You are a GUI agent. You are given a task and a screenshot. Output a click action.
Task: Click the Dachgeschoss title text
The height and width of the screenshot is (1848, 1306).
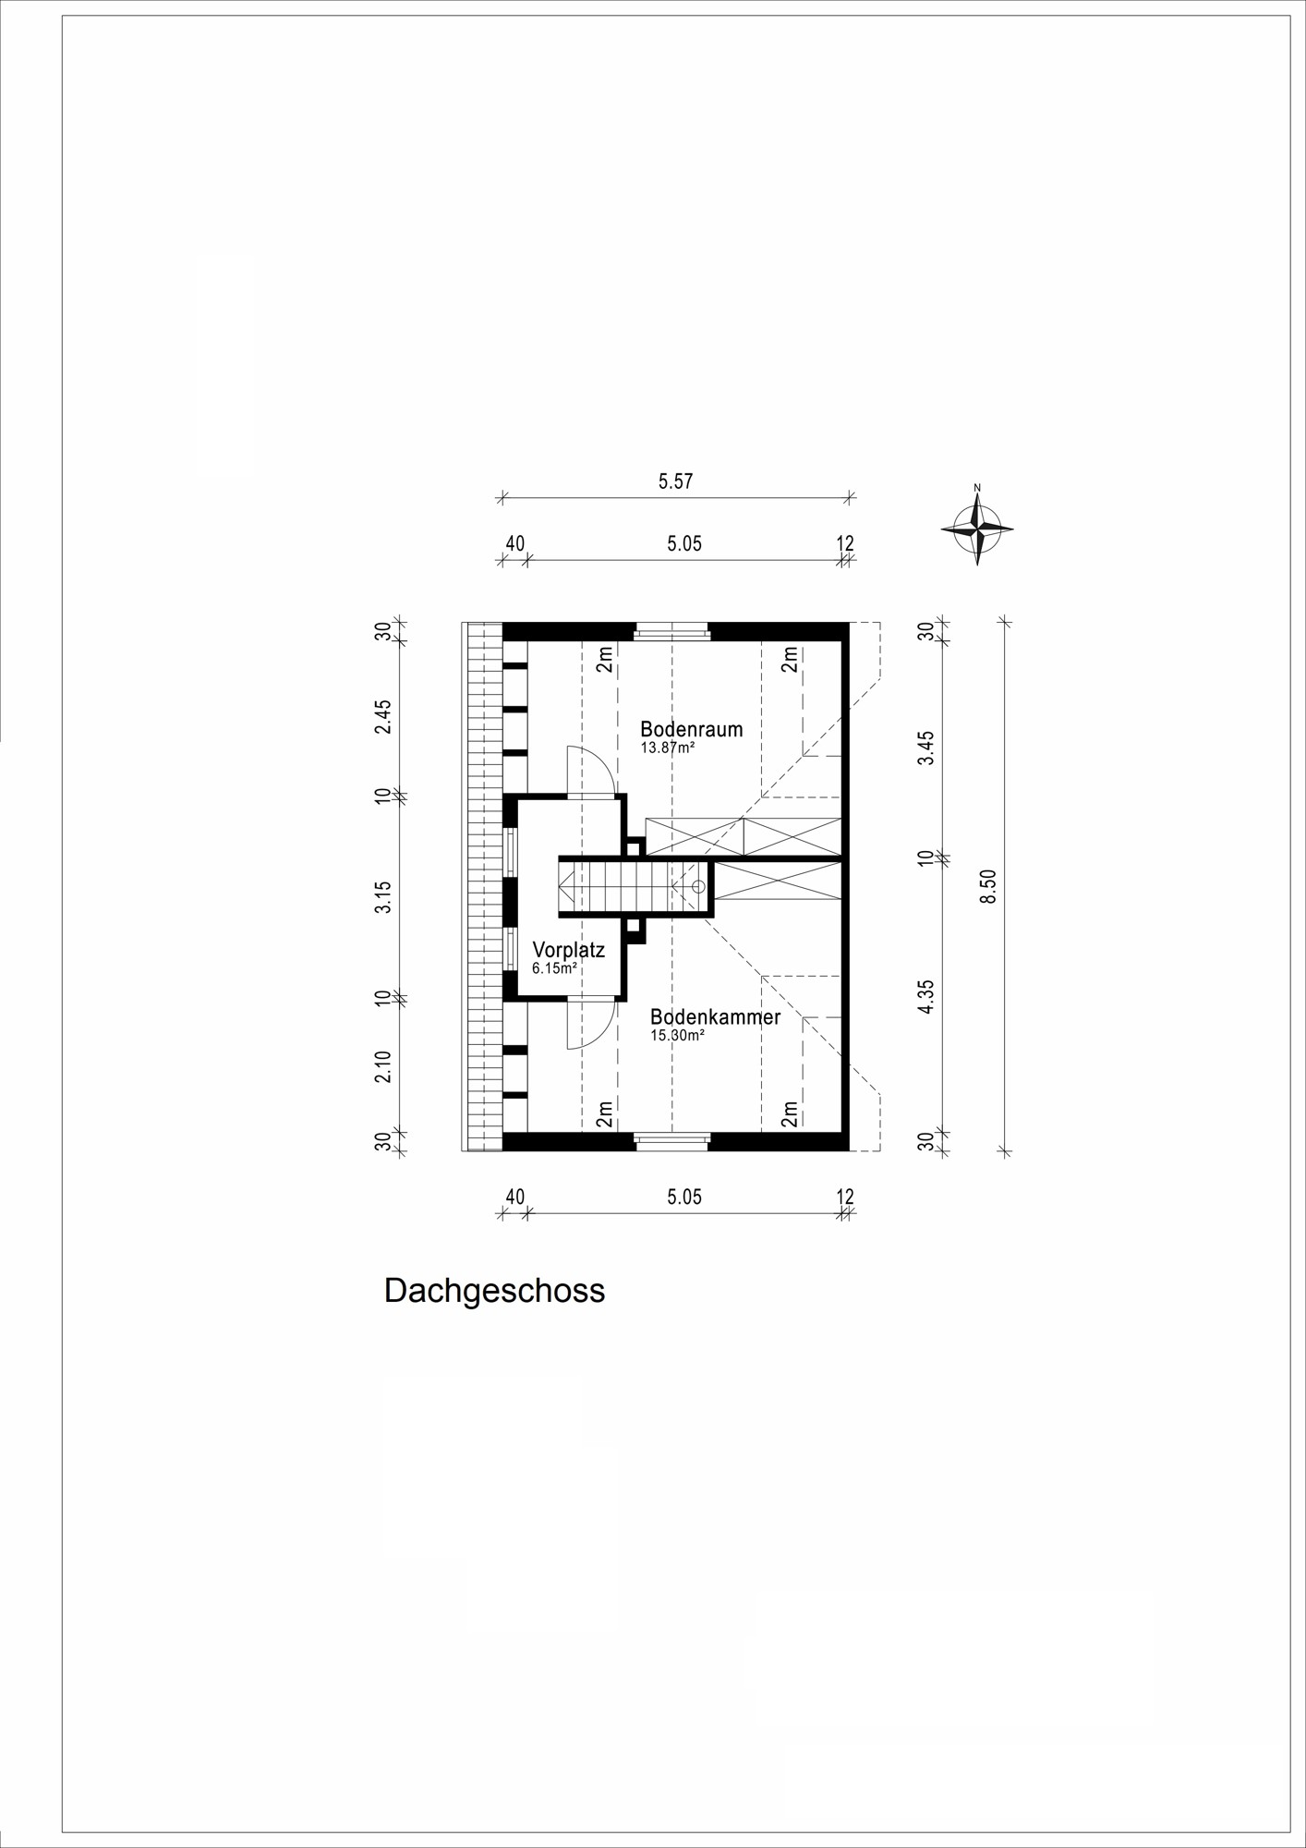pyautogui.click(x=494, y=1291)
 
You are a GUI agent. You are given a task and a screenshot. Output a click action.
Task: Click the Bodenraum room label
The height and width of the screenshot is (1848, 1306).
pyautogui.click(x=691, y=729)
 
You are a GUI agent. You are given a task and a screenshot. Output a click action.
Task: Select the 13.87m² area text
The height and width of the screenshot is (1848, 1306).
pyautogui.click(x=667, y=748)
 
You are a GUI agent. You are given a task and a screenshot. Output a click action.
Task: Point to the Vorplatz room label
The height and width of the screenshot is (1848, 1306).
pyautogui.click(x=568, y=950)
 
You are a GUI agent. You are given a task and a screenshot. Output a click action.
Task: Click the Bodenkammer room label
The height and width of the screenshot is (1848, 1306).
pyautogui.click(x=715, y=1017)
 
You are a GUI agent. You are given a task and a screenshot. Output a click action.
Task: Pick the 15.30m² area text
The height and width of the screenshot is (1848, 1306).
pyautogui.click(x=677, y=1036)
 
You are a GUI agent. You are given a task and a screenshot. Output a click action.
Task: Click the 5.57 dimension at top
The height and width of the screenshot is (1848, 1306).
pyautogui.click(x=675, y=481)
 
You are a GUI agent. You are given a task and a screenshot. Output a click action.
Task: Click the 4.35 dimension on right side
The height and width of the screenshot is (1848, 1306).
pyautogui.click(x=926, y=997)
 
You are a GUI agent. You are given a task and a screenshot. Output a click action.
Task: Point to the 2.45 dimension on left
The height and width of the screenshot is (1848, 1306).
pyautogui.click(x=383, y=716)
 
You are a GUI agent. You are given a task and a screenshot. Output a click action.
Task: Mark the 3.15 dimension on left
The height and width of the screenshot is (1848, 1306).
pyautogui.click(x=383, y=897)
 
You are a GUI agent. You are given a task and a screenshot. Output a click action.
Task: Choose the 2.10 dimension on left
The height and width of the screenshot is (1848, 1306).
pyautogui.click(x=383, y=1066)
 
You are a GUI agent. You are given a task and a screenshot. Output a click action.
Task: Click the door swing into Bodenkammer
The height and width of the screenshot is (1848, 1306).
pyautogui.click(x=591, y=1024)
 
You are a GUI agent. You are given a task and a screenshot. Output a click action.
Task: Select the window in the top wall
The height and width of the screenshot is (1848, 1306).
pyautogui.click(x=671, y=630)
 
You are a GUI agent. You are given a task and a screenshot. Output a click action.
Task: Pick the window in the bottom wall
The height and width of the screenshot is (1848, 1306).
pyautogui.click(x=671, y=1141)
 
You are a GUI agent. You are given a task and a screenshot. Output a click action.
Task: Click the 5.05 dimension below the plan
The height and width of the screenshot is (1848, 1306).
pyautogui.click(x=684, y=1198)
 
